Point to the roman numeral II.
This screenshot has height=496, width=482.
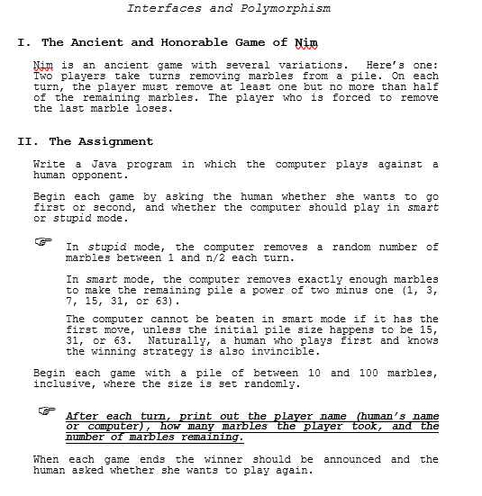(x=24, y=141)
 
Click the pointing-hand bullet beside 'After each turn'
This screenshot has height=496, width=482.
(x=47, y=411)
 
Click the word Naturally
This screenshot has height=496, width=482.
(x=178, y=340)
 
